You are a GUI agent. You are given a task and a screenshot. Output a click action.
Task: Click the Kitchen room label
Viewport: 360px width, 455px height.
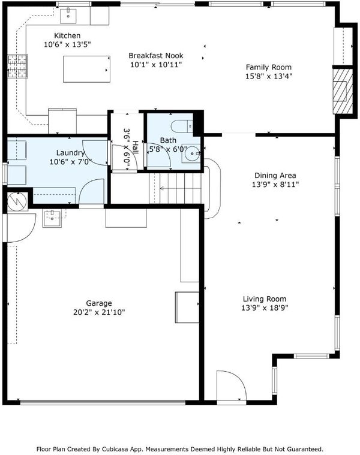click(x=67, y=36)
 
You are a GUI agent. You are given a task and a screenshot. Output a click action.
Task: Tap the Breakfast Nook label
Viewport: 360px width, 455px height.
click(x=156, y=55)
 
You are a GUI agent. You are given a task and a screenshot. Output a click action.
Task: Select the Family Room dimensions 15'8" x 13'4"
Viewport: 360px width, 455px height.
click(x=269, y=76)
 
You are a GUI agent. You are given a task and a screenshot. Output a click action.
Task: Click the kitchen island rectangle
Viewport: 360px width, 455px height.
click(x=86, y=69)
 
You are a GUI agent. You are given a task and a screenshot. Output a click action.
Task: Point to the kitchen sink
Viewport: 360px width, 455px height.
click(x=68, y=16)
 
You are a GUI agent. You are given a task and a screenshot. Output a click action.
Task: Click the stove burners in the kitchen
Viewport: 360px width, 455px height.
click(x=18, y=66)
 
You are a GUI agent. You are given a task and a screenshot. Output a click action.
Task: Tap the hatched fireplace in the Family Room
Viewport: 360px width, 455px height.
click(x=343, y=91)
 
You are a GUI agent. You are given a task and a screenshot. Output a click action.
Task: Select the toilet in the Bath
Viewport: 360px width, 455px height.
click(x=182, y=127)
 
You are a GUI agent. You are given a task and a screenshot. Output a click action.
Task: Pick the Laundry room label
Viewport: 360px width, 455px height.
click(x=71, y=153)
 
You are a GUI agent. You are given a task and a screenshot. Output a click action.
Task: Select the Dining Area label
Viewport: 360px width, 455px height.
click(x=275, y=175)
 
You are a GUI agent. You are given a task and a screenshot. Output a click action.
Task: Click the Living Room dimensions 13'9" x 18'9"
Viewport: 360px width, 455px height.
click(x=265, y=308)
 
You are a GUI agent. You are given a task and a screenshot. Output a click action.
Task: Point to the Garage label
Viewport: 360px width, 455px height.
click(x=99, y=303)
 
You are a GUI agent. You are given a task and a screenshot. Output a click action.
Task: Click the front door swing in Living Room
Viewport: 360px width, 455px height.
click(x=232, y=385)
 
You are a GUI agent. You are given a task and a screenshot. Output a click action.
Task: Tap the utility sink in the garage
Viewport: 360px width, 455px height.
click(x=52, y=218)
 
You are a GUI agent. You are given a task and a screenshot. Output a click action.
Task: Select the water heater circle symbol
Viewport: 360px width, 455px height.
click(x=17, y=201)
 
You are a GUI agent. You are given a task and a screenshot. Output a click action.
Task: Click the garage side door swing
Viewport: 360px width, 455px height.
click(x=20, y=228)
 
